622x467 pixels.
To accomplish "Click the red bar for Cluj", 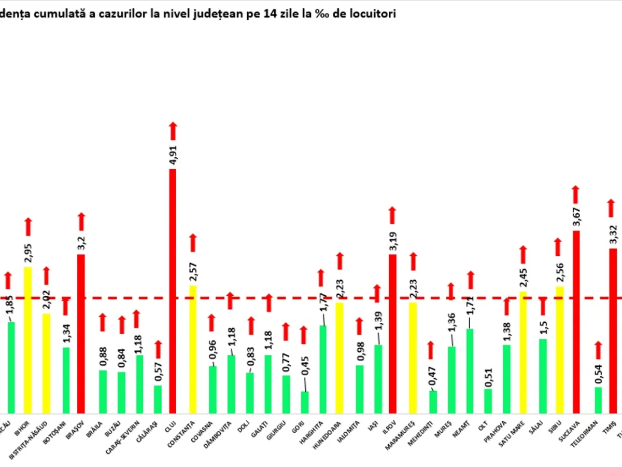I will point(173,291).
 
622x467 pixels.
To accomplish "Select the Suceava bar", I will point(576,322).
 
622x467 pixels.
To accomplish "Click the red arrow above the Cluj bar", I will point(173,131).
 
